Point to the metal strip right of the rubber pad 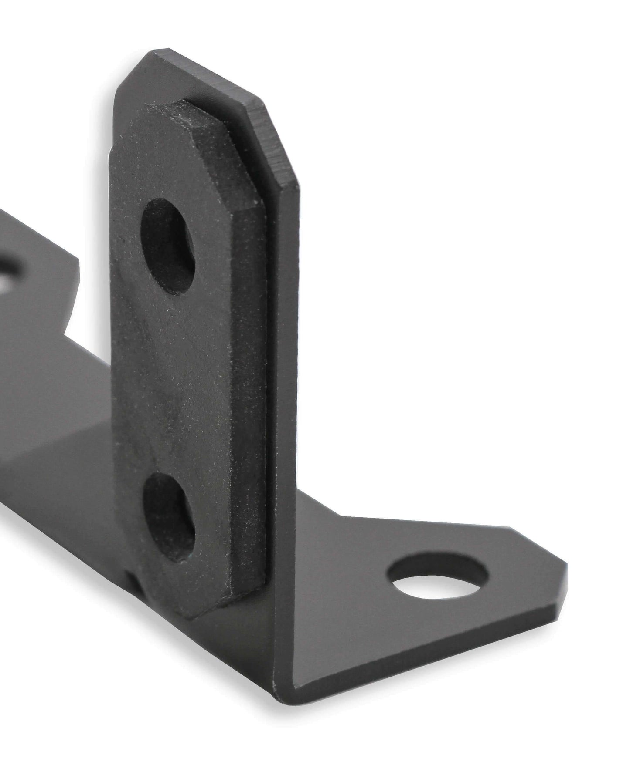click(x=286, y=392)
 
